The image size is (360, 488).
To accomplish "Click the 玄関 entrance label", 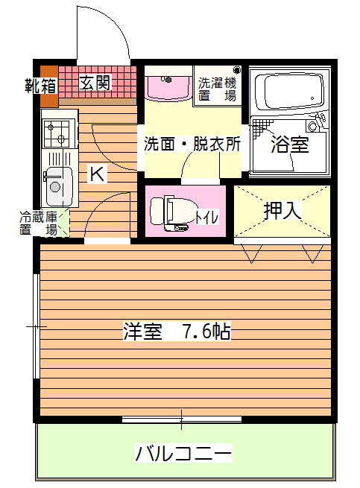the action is click(x=95, y=83).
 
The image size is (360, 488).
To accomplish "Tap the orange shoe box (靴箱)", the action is click(x=49, y=86).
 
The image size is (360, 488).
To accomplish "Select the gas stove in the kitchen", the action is click(x=60, y=133).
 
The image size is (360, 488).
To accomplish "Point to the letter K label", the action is click(x=97, y=174).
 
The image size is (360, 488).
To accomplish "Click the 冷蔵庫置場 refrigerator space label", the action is click(x=38, y=224).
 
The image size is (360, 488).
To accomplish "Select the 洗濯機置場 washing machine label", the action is click(x=218, y=89).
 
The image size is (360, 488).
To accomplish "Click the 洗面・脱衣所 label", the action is click(x=192, y=144).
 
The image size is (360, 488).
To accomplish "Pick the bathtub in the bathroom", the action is click(x=290, y=91).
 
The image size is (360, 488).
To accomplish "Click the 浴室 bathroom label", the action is click(x=290, y=145).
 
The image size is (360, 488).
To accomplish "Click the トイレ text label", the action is click(x=206, y=218).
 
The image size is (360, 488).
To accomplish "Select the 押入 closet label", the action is click(x=282, y=211).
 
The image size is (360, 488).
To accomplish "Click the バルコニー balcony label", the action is click(x=183, y=453).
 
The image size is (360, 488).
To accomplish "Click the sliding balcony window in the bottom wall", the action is click(x=182, y=419).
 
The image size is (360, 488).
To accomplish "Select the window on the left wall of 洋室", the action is click(x=37, y=326).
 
